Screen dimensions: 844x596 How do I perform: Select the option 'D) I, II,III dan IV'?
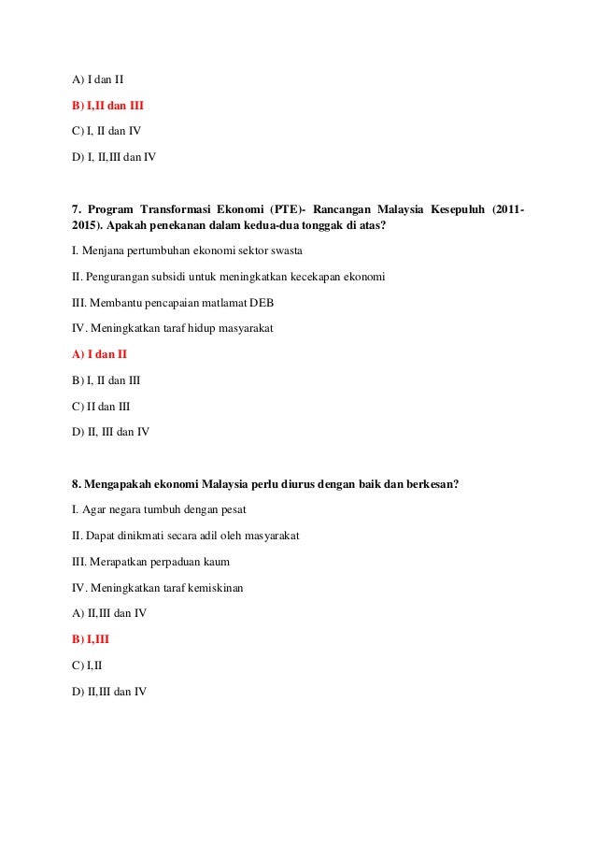click(x=114, y=156)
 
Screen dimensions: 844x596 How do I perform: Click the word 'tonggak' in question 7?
click(x=318, y=227)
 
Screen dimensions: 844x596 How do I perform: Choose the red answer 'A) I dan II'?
click(x=100, y=354)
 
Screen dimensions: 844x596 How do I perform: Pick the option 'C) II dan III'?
click(x=101, y=407)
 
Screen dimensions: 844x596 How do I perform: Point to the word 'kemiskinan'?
click(x=240, y=587)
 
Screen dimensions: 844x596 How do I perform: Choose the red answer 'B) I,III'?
click(x=91, y=639)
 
